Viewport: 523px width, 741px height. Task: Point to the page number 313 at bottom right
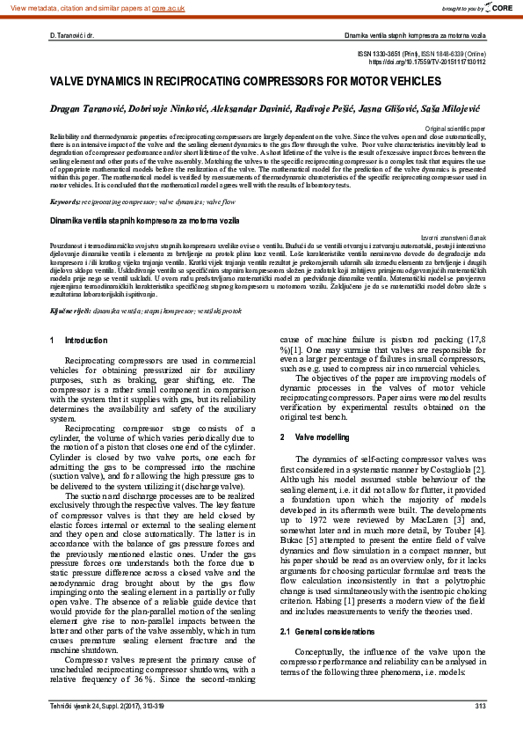pos(480,706)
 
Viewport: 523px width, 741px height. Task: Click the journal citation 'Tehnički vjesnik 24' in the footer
pos(80,706)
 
